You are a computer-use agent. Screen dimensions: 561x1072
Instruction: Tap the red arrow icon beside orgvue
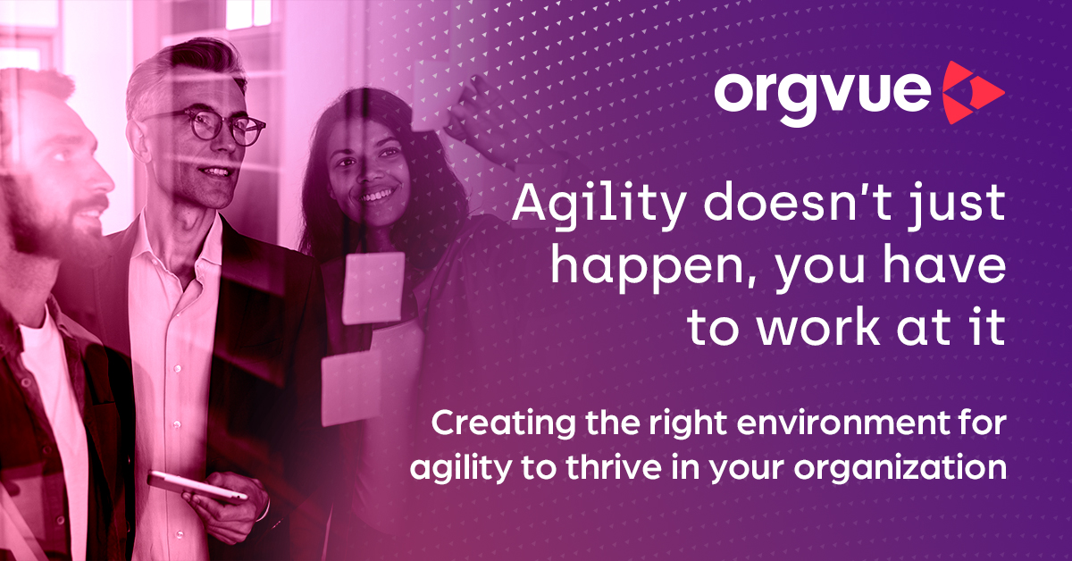click(973, 92)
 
